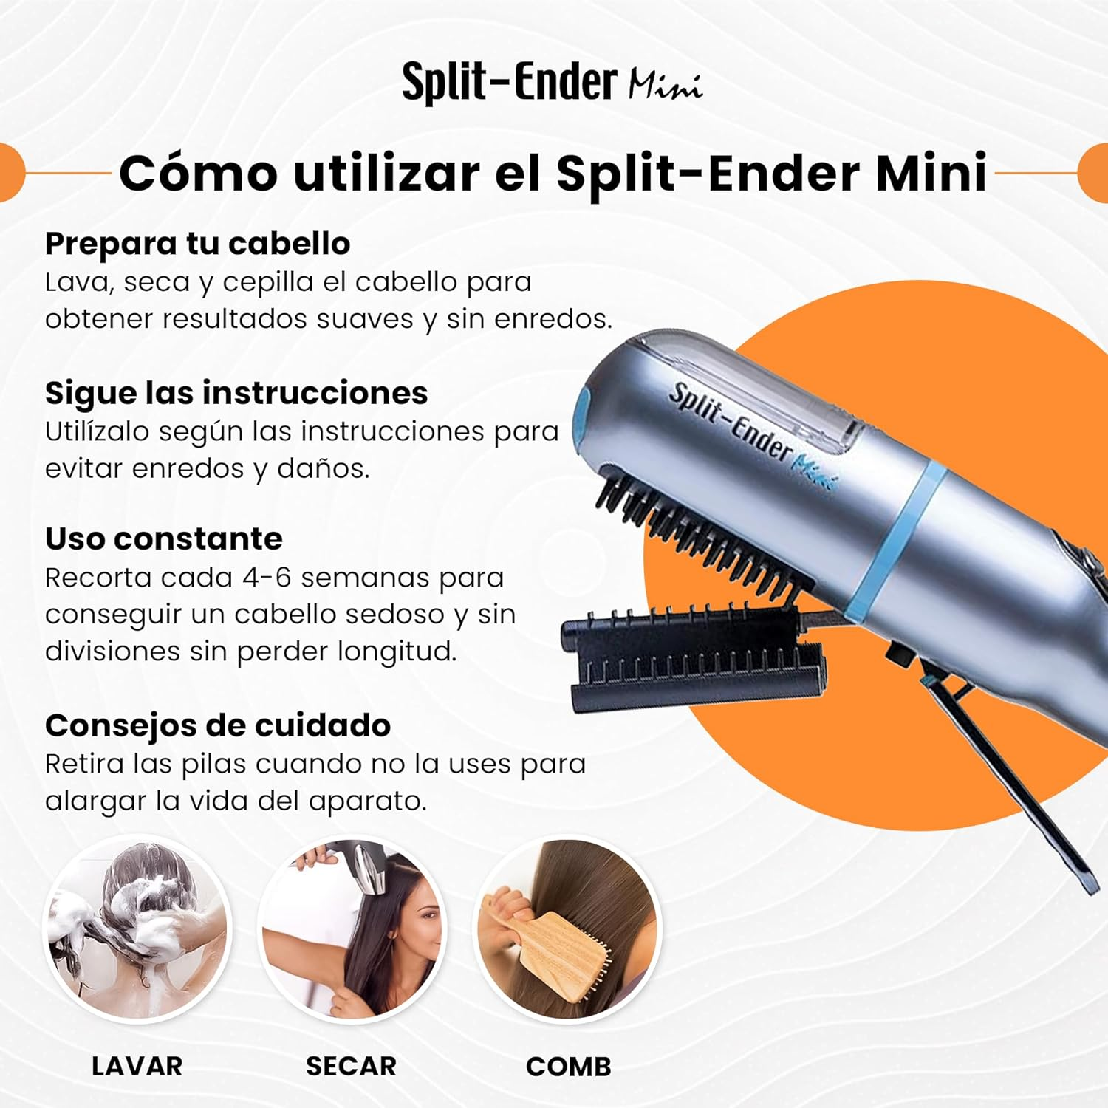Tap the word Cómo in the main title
coord(198,174)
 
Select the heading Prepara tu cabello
coord(197,244)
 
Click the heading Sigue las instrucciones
coord(236,393)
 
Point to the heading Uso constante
coord(163,539)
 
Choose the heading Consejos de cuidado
coord(218,725)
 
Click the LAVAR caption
coord(137,1066)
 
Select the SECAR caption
coord(351,1066)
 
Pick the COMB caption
coord(568,1066)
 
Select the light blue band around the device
coord(897,539)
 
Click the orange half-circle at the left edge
coord(10,174)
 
